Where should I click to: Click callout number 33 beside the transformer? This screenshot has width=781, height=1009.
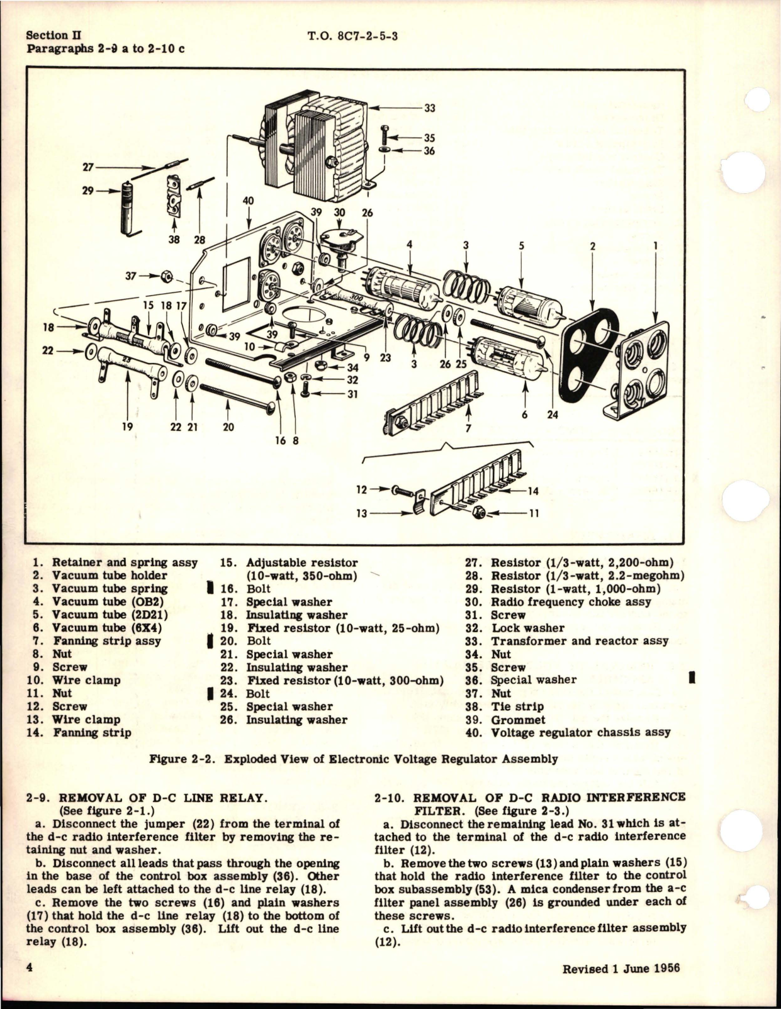click(429, 108)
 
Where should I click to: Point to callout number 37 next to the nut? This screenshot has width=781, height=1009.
click(131, 276)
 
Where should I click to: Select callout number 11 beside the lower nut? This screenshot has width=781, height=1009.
click(534, 513)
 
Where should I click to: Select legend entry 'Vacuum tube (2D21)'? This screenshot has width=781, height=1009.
click(110, 615)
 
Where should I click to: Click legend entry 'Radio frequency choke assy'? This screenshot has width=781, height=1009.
click(571, 602)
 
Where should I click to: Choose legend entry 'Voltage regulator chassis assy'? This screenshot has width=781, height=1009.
click(580, 732)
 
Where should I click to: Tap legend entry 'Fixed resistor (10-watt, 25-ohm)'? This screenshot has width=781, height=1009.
click(342, 628)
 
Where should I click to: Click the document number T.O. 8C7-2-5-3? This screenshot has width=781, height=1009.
click(352, 36)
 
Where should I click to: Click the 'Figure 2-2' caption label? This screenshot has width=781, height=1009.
click(183, 759)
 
